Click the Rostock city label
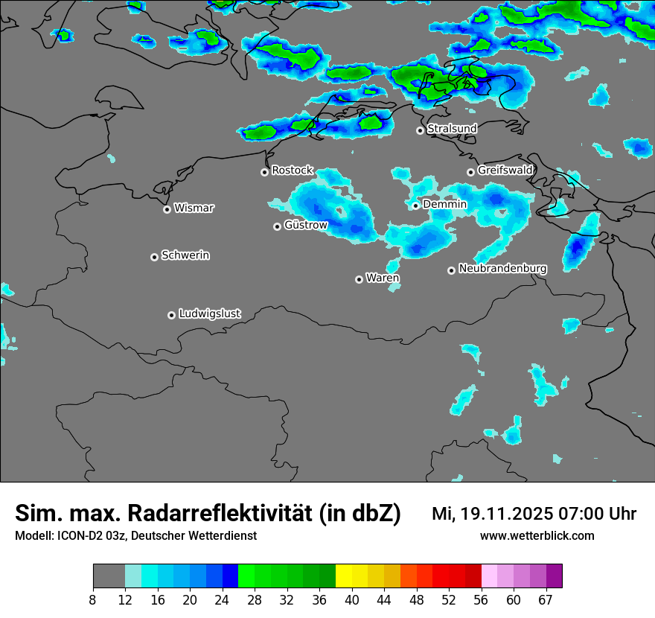pyautogui.click(x=292, y=171)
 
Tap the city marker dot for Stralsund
pyautogui.click(x=420, y=130)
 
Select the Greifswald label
pyautogui.click(x=505, y=171)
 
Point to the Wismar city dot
pyautogui.click(x=167, y=209)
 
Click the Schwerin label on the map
pyautogui.click(x=185, y=255)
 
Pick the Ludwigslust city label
pyautogui.click(x=209, y=313)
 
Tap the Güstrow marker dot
pyautogui.click(x=277, y=226)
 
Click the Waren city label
pyautogui.click(x=383, y=278)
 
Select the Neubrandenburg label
pyautogui.click(x=502, y=268)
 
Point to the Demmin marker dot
pyautogui.click(x=415, y=206)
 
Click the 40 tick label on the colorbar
pyautogui.click(x=352, y=600)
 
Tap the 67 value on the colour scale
pyautogui.click(x=546, y=600)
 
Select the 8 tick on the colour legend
pyautogui.click(x=93, y=600)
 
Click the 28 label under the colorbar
pyautogui.click(x=255, y=600)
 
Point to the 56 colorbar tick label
pyautogui.click(x=482, y=600)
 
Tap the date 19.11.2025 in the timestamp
pyautogui.click(x=506, y=513)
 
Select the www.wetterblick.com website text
pyautogui.click(x=537, y=535)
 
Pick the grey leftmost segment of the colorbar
pyautogui.click(x=109, y=576)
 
